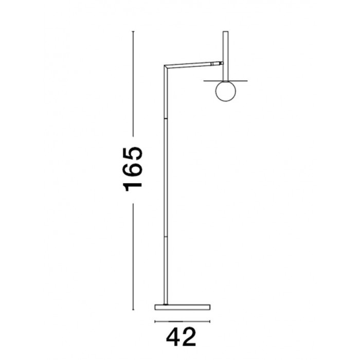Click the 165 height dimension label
tap(133, 169)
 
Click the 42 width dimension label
tap(181, 337)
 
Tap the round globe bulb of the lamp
tap(225, 91)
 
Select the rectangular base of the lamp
tap(183, 307)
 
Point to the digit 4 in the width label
tap(173, 337)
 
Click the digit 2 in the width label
tap(189, 337)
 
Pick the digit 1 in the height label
tap(133, 187)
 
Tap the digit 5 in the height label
tap(133, 153)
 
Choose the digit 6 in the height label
tap(133, 170)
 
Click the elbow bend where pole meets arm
tap(166, 67)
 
